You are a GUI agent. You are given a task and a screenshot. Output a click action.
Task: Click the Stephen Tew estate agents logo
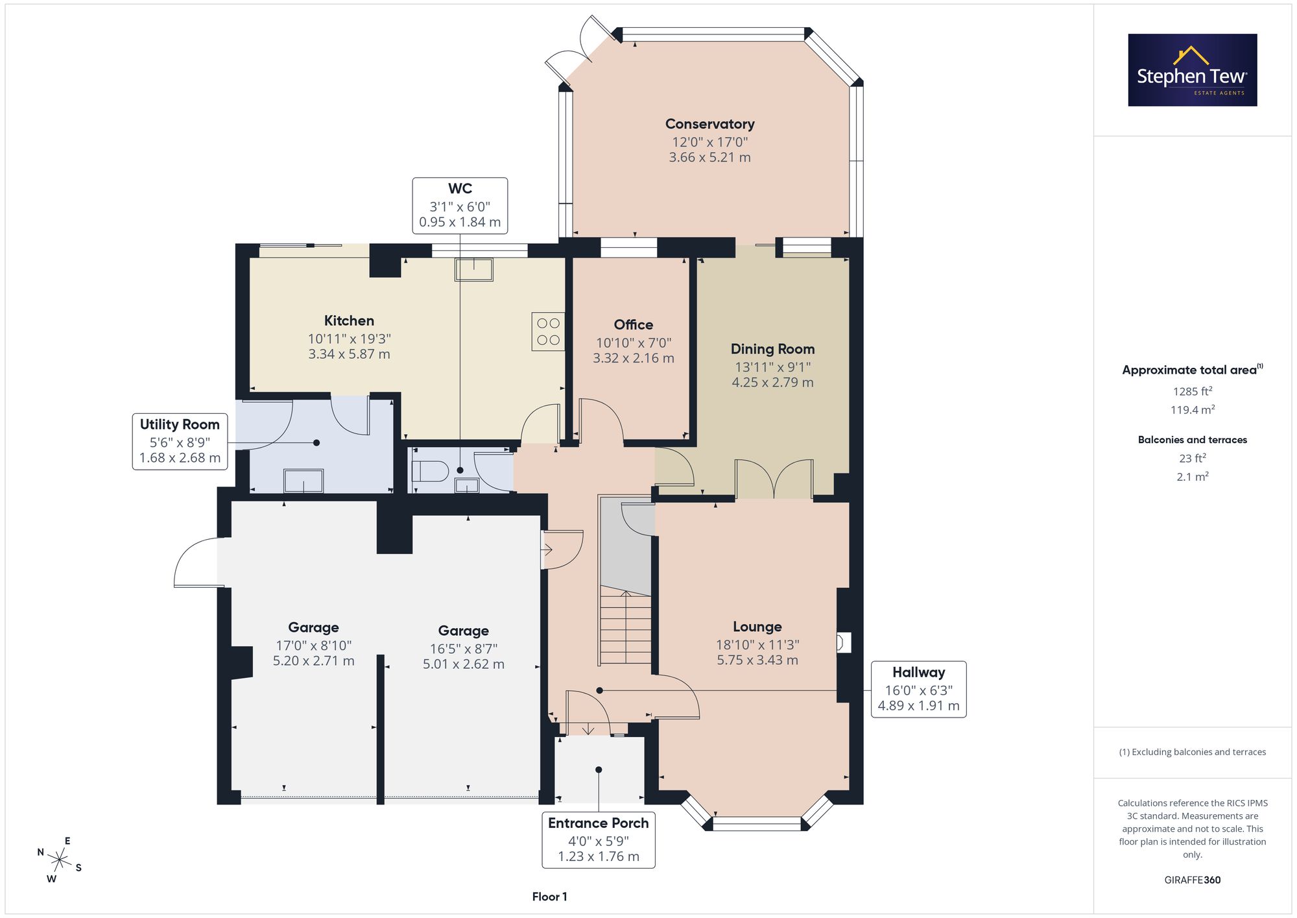1193,70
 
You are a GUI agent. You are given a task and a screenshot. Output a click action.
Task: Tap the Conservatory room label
710,124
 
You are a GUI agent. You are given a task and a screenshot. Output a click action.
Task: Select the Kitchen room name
349,320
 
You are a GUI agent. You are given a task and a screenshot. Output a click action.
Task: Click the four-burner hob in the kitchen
548,332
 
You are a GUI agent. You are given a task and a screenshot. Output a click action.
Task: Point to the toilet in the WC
431,471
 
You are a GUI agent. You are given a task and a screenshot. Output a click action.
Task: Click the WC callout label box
460,206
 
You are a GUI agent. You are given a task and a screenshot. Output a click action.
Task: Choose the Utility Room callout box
180,441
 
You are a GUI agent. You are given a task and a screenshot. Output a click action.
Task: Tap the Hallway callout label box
919,689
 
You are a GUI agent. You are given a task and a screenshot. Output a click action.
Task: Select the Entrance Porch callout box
599,839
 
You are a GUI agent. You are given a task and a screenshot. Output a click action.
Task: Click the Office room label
634,324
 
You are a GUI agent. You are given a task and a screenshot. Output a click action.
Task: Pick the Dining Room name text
772,349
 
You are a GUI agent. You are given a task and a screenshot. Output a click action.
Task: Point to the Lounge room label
757,627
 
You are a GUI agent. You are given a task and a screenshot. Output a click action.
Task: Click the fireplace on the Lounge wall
843,643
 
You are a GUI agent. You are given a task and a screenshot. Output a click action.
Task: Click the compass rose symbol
60,860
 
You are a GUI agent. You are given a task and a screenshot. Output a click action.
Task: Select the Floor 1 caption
549,897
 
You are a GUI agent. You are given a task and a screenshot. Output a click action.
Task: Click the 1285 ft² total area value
1193,391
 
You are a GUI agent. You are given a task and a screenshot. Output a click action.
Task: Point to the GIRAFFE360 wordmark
1193,880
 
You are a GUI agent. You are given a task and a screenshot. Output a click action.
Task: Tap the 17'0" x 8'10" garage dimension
314,646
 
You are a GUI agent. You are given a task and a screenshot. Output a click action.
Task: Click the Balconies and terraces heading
1193,440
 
